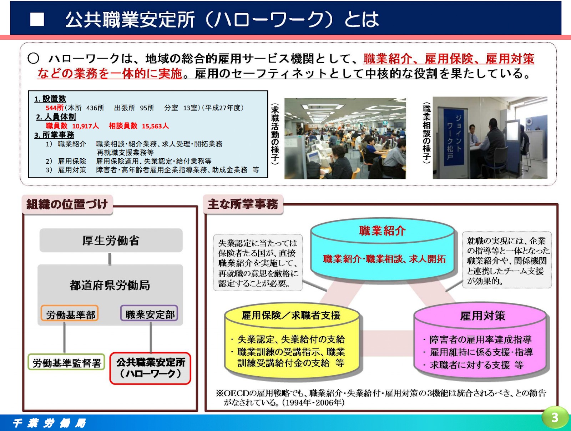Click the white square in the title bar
pyautogui.click(x=37, y=20)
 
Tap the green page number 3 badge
pyautogui.click(x=555, y=417)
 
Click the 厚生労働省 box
pyautogui.click(x=111, y=241)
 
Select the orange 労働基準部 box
pyautogui.click(x=70, y=314)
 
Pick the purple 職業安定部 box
pyautogui.click(x=150, y=314)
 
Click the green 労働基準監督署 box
pyautogui.click(x=66, y=363)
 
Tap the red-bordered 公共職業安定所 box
pyautogui.click(x=150, y=368)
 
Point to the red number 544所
pyautogui.click(x=54, y=108)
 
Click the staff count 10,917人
pyautogui.click(x=85, y=126)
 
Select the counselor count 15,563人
pyautogui.click(x=155, y=126)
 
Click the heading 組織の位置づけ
pyautogui.click(x=67, y=204)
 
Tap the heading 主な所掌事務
pyautogui.click(x=243, y=204)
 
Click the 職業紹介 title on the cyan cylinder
pyautogui.click(x=382, y=231)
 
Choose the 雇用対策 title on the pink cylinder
pyautogui.click(x=482, y=316)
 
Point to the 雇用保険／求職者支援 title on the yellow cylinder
pyautogui.click(x=291, y=315)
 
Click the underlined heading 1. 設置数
pyautogui.click(x=50, y=99)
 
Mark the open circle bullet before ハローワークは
pyautogui.click(x=34, y=58)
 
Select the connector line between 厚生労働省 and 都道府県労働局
pyautogui.click(x=110, y=259)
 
